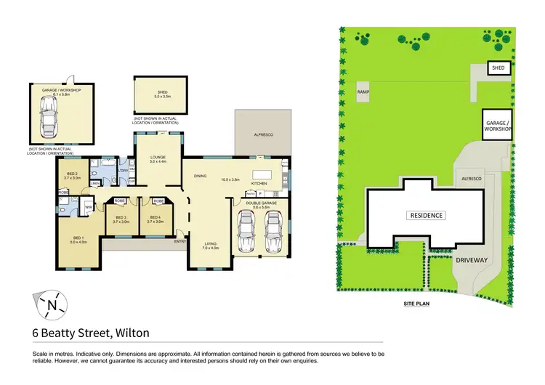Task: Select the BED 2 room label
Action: coord(72,174)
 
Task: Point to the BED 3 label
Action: coord(120,219)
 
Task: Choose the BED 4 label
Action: coord(155,219)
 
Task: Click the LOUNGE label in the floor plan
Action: coord(158,157)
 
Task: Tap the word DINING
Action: coord(201,176)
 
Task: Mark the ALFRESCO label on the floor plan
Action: coord(262,134)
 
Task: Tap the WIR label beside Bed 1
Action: coord(88,207)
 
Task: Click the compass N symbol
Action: coord(50,305)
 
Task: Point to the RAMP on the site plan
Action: coord(363,92)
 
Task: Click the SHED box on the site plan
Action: coord(498,68)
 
